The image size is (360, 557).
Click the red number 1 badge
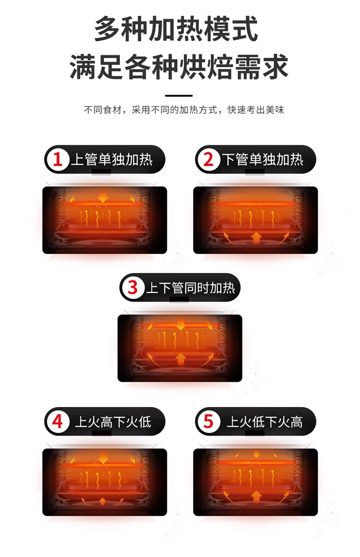[58, 159]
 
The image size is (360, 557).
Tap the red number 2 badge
[208, 159]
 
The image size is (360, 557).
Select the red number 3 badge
[133, 288]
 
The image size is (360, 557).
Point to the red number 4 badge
[58, 422]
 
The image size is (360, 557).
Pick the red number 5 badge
[208, 422]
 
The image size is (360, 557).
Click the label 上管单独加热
[112, 159]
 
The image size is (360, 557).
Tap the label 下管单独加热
[263, 159]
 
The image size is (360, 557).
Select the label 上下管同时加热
[190, 288]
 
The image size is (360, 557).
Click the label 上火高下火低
[113, 422]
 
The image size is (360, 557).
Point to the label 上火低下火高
[264, 422]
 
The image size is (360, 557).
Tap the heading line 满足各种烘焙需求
[179, 67]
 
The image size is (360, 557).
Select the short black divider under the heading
[179, 96]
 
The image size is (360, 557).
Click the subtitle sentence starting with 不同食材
[184, 110]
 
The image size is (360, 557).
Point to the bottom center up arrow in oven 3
[180, 358]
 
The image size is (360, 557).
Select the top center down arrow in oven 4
[103, 458]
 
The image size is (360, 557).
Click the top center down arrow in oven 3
[180, 325]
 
